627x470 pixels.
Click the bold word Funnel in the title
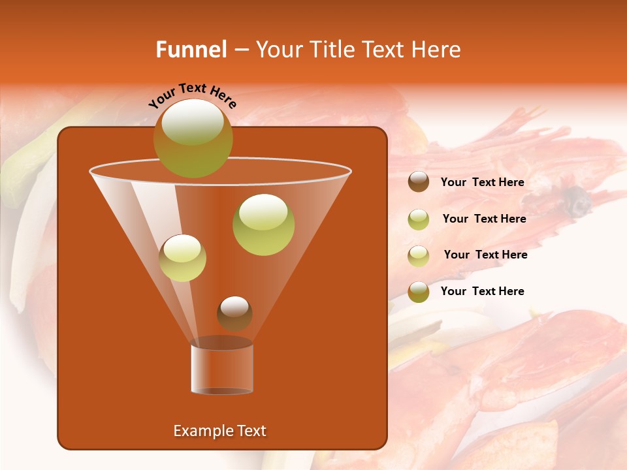tap(191, 50)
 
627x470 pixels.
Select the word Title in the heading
tap(330, 50)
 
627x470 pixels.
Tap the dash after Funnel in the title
tap(240, 50)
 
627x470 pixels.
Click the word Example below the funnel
tap(197, 431)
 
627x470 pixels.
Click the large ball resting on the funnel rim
tap(193, 138)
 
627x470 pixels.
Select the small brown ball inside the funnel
tap(234, 313)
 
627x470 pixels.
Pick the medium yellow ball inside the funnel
tap(182, 257)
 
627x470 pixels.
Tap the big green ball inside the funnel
tap(263, 224)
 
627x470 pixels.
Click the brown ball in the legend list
tap(419, 181)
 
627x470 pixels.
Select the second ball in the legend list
tap(419, 219)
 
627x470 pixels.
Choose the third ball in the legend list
tap(419, 255)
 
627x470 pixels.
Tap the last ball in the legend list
tap(419, 292)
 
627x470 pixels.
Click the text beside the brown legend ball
tap(482, 182)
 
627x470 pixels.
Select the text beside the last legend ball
tap(482, 291)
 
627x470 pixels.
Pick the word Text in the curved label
tap(191, 89)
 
